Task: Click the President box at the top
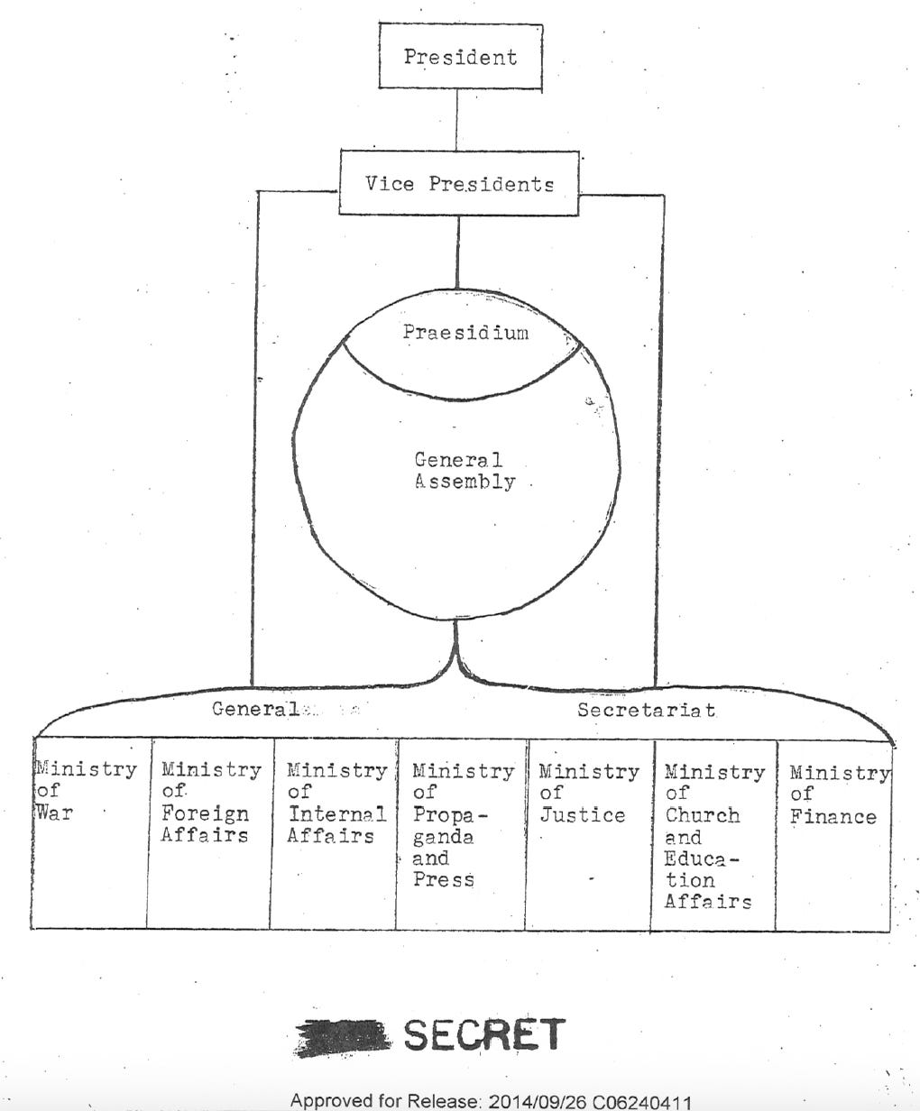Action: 460,57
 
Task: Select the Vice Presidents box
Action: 459,184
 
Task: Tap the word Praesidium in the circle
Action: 465,332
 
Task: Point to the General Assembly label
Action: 464,471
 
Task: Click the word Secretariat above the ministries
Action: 647,710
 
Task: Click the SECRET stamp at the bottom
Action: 483,1035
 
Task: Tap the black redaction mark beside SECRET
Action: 343,1038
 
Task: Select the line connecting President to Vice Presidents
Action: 455,119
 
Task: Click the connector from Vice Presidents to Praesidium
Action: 457,252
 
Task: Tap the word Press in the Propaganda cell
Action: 443,879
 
